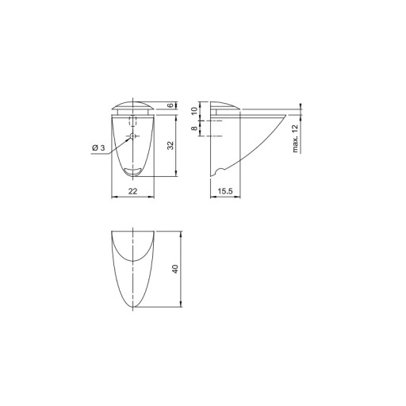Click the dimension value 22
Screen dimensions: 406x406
tap(132, 191)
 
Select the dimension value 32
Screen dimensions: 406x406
tap(171, 145)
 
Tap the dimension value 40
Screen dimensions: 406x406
tap(175, 269)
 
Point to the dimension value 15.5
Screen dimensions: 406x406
tap(225, 191)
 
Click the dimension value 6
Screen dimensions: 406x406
tap(171, 105)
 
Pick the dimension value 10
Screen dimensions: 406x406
tap(194, 111)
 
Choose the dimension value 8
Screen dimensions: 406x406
tap(194, 128)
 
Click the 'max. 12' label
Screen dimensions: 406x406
tap(295, 139)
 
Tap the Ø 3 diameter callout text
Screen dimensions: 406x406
tap(98, 147)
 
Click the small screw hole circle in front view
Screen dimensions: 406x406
tap(132, 136)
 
